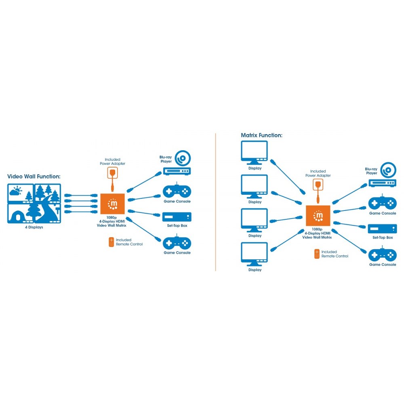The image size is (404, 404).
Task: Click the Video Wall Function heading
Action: [34, 177]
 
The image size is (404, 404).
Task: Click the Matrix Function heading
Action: [261, 135]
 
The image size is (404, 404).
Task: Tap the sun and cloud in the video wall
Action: [15, 191]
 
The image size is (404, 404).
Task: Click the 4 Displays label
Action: [34, 227]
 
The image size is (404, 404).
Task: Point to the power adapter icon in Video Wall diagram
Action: [112, 173]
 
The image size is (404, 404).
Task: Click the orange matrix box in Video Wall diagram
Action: [112, 204]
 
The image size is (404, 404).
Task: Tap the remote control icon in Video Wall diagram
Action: [112, 242]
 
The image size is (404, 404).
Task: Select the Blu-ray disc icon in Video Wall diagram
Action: [183, 158]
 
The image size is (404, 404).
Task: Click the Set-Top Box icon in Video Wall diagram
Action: [177, 217]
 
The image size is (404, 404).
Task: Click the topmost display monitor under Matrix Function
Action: [254, 153]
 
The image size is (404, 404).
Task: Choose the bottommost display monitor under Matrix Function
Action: [254, 254]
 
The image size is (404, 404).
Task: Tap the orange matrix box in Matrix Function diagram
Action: [318, 216]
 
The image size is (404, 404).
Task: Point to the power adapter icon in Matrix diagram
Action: [318, 185]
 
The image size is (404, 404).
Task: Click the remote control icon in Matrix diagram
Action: [317, 254]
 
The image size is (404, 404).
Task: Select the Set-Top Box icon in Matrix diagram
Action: [382, 229]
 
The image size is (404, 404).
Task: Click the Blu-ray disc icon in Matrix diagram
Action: [388, 170]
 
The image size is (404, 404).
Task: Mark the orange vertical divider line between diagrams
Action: [215, 202]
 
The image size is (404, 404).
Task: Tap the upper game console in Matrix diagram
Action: [382, 203]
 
